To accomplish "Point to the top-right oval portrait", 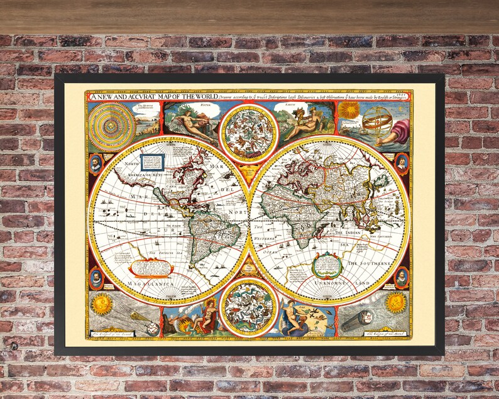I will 402,163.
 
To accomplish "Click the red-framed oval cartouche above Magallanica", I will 151,268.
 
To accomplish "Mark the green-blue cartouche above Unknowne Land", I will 327,264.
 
